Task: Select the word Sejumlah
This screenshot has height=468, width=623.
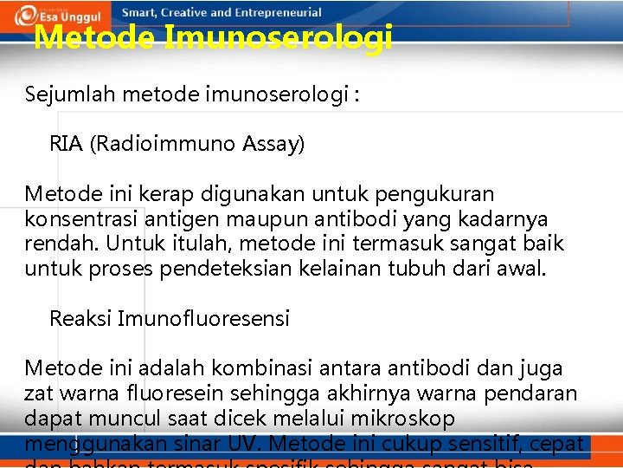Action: click(70, 94)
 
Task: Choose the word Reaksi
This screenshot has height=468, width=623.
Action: click(80, 319)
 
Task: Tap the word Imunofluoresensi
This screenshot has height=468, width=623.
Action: click(203, 319)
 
